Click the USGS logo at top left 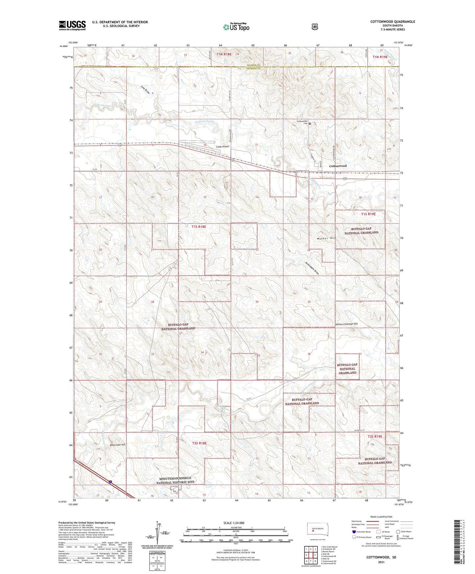point(72,25)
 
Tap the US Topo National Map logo point(236,27)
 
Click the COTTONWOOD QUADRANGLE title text point(392,22)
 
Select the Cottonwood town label point(338,166)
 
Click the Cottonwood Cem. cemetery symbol point(310,124)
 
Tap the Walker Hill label point(326,238)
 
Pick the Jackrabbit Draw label point(312,268)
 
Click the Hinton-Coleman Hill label point(346,324)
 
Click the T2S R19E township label point(375,436)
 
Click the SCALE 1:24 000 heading point(234,523)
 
